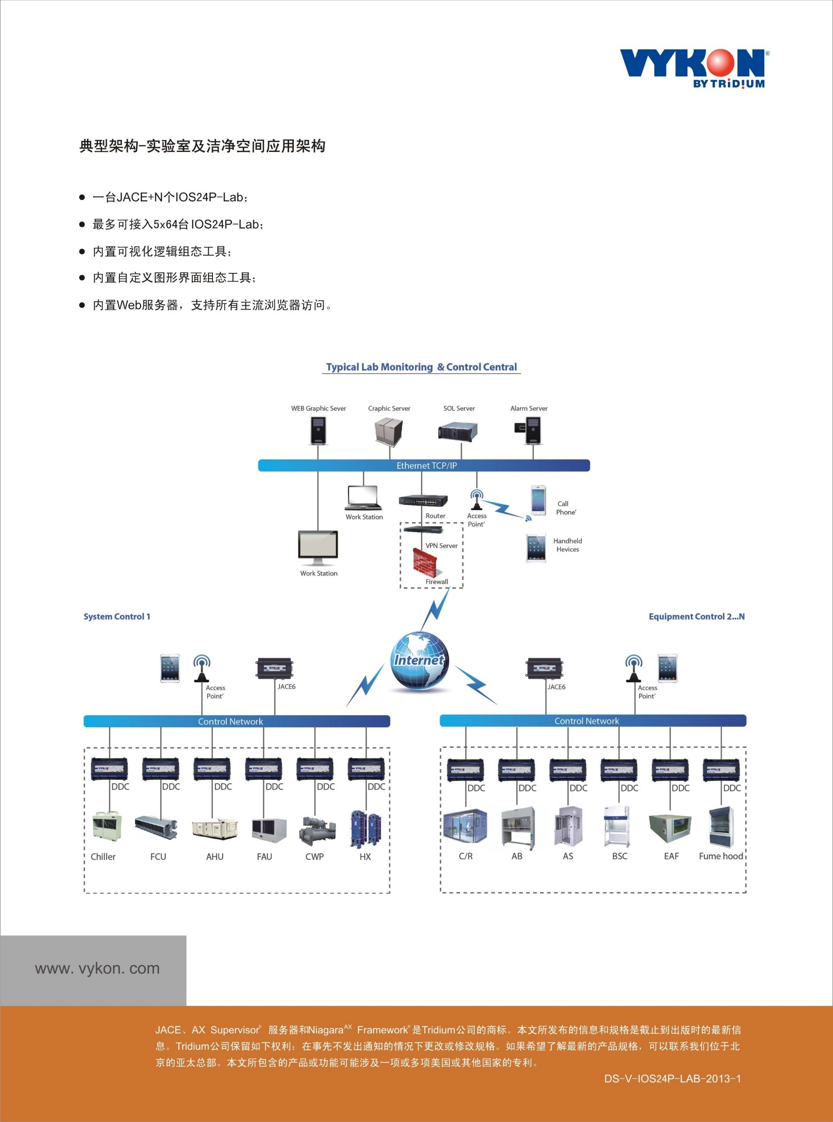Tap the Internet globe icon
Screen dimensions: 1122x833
(x=420, y=661)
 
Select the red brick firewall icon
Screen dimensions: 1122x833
(x=425, y=562)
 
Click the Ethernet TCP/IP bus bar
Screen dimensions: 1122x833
(x=424, y=466)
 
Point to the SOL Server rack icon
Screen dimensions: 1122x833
(x=457, y=432)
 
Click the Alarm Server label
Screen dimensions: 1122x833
(x=528, y=409)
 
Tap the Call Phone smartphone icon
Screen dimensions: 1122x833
(x=538, y=500)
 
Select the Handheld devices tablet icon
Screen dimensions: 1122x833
(x=536, y=548)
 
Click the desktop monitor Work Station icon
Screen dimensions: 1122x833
(x=318, y=547)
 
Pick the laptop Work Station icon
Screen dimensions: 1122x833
(x=363, y=498)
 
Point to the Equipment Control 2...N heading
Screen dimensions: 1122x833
(x=696, y=616)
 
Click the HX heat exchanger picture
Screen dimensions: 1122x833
(x=366, y=828)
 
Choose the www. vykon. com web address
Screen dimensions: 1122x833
(x=97, y=968)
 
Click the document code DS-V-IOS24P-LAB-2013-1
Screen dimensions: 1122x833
(x=672, y=1079)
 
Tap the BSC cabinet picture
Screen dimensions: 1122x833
(x=617, y=827)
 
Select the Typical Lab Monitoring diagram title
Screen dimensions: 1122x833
(x=421, y=367)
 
